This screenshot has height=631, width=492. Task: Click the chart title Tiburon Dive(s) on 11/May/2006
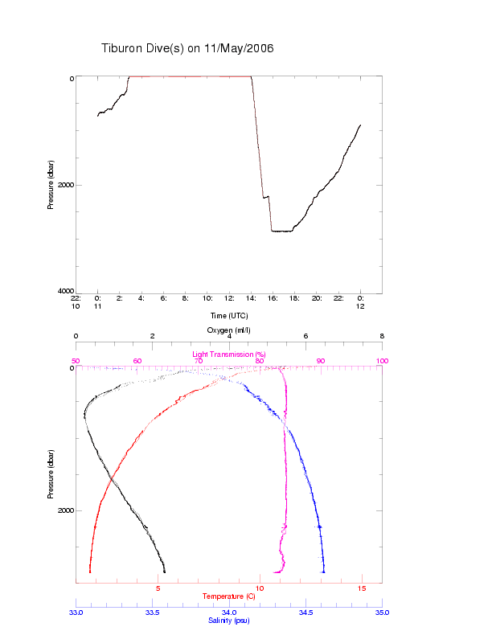coord(187,48)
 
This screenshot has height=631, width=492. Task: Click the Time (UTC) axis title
coord(228,315)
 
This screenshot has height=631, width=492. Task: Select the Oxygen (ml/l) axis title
coord(229,330)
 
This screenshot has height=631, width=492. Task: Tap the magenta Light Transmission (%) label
coord(228,354)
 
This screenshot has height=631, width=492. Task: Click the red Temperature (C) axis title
coord(228,596)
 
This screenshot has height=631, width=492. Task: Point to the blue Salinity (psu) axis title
coord(229,620)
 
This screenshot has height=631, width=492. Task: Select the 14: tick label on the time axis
coord(251,297)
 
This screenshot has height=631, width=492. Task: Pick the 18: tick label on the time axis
coord(295,297)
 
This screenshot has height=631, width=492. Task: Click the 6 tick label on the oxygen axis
coord(305,337)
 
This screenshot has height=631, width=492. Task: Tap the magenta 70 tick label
coord(198,361)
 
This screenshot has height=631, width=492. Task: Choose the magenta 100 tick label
coord(382,361)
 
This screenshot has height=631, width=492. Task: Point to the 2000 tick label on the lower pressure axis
coord(64,510)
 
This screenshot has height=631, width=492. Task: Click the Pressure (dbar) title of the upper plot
coord(51,185)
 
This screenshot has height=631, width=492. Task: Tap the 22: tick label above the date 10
coord(76,297)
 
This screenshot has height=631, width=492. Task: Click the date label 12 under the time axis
coord(360,305)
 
